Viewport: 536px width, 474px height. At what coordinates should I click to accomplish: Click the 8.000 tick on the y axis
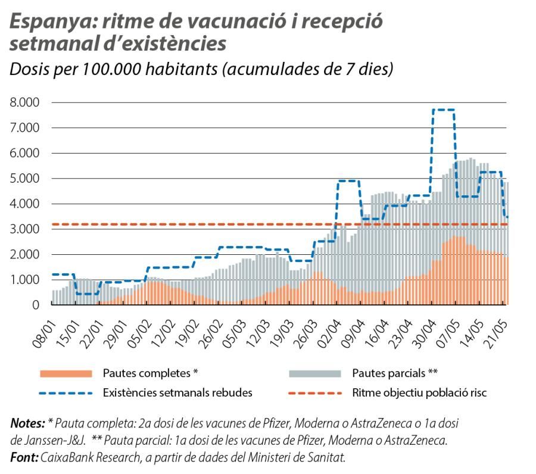(24, 102)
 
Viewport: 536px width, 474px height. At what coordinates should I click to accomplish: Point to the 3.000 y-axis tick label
(24, 229)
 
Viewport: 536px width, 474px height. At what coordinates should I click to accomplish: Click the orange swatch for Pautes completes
(66, 373)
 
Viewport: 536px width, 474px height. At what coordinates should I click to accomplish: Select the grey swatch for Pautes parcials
(314, 373)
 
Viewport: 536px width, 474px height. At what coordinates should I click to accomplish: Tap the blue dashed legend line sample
(66, 392)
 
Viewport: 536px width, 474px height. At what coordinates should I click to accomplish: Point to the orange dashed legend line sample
(314, 392)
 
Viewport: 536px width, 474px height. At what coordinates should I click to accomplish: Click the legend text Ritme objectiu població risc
(420, 392)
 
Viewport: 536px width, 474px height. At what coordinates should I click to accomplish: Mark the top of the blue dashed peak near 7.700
(443, 110)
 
